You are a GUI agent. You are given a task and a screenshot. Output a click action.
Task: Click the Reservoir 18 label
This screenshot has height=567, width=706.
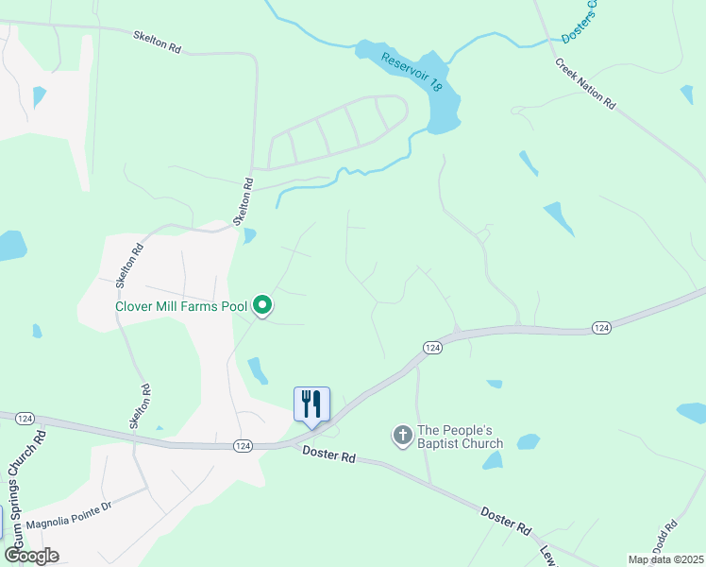tap(412, 72)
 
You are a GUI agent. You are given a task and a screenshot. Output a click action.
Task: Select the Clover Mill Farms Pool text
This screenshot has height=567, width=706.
tap(181, 306)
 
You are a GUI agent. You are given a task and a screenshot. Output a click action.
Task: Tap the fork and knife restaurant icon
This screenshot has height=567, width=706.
tap(311, 404)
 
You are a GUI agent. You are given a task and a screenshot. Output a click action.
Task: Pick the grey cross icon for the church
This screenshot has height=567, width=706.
tap(402, 436)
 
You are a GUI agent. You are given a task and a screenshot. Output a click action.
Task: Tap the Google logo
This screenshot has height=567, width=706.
tap(31, 555)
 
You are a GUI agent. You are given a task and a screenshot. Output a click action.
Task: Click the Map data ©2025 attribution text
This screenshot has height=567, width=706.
tap(665, 559)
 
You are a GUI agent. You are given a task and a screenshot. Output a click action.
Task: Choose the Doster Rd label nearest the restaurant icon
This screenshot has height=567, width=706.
tap(328, 455)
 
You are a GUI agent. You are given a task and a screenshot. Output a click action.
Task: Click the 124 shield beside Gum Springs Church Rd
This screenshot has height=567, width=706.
tap(26, 418)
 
